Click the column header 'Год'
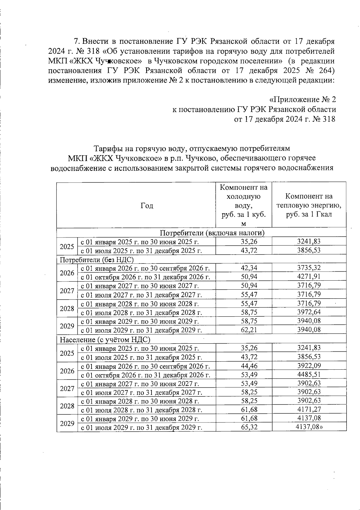coord(147,206)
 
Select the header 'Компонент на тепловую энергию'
coord(309,205)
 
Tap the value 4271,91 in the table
coord(309,276)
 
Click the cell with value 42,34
coord(249,268)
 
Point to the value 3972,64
coord(309,312)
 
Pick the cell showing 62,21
coord(249,330)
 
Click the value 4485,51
coord(309,374)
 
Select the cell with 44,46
coord(249,366)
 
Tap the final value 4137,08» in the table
coord(309,427)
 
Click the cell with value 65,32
coord(249,427)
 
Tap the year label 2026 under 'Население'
coord(67,371)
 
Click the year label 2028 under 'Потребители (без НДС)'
coord(67,309)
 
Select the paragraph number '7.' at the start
coord(76,41)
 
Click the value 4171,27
coord(309,410)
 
